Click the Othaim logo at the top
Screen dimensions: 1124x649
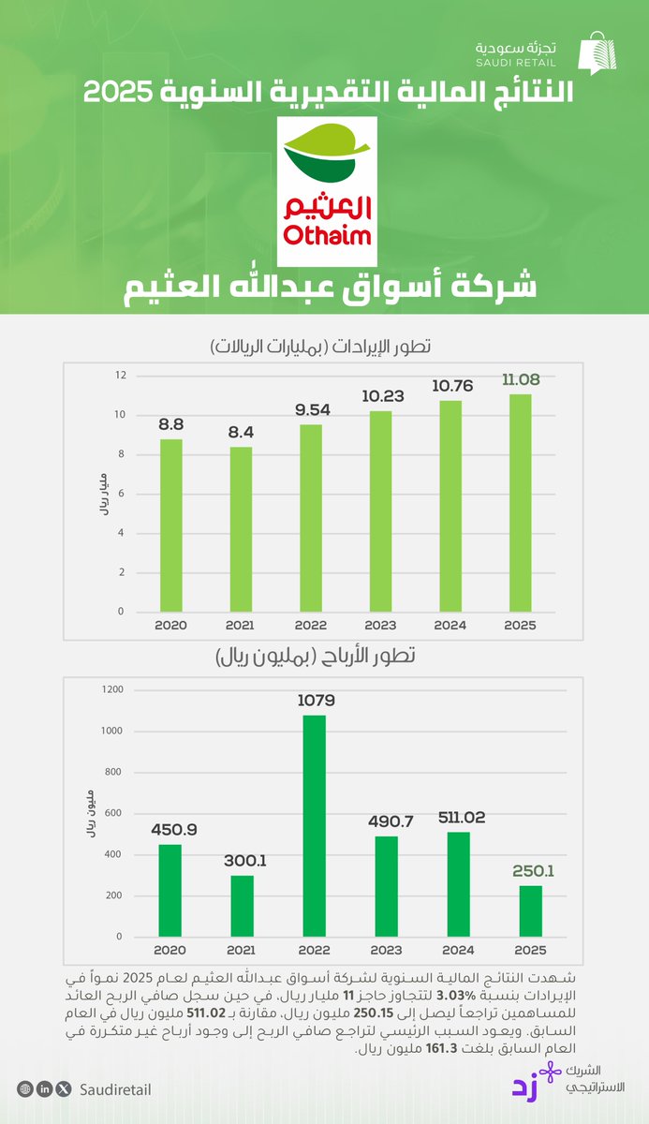click(328, 191)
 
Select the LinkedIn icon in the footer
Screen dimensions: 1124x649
click(44, 1089)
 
